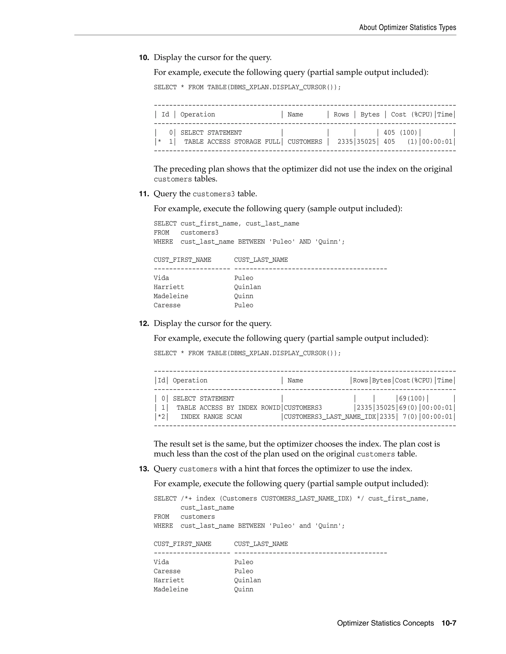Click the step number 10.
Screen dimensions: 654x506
(x=144, y=58)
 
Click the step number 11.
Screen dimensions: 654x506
(x=144, y=194)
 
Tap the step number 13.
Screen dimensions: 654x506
(x=144, y=469)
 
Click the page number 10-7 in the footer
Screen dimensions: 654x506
(x=449, y=623)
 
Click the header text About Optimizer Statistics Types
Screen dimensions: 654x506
(x=407, y=28)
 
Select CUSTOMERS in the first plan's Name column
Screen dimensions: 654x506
(x=305, y=142)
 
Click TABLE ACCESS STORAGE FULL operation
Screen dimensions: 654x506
(x=232, y=142)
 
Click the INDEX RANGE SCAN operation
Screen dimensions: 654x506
(x=211, y=417)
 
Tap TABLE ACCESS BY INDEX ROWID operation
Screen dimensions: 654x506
(x=228, y=407)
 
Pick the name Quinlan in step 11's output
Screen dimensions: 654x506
(x=247, y=287)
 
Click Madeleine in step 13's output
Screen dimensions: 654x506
(x=171, y=589)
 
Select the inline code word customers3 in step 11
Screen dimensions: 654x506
(x=213, y=194)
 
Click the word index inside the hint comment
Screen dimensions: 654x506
(x=205, y=498)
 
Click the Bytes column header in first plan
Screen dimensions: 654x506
(x=370, y=115)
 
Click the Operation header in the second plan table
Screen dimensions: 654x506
(x=190, y=380)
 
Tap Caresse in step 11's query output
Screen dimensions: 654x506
(x=167, y=305)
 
